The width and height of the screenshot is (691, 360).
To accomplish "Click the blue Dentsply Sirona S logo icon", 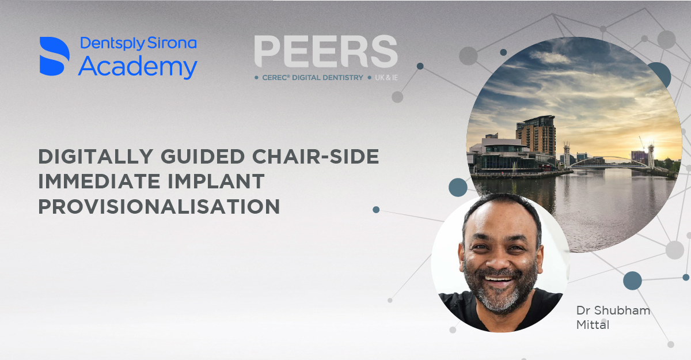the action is pyautogui.click(x=55, y=56).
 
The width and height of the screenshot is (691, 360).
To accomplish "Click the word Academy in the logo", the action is pyautogui.click(x=138, y=67).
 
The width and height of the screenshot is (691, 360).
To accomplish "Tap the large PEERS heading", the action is pyautogui.click(x=326, y=51).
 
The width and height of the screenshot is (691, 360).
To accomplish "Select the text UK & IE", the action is pyautogui.click(x=386, y=78).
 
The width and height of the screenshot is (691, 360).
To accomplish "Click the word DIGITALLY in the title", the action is pyautogui.click(x=96, y=157).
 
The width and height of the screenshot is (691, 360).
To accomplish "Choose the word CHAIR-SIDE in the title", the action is pyautogui.click(x=316, y=157).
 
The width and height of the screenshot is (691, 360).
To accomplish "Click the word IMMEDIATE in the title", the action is pyautogui.click(x=99, y=181).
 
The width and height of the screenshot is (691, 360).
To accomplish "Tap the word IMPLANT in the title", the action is pyautogui.click(x=216, y=181).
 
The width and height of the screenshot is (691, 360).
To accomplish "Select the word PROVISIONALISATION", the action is pyautogui.click(x=159, y=206).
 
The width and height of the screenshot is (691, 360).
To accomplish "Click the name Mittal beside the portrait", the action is pyautogui.click(x=593, y=325).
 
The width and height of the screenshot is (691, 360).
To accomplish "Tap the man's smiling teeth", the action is pyautogui.click(x=499, y=279).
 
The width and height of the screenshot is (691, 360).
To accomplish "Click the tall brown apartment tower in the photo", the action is pyautogui.click(x=536, y=136).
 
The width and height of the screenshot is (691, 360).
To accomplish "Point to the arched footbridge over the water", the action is pyautogui.click(x=609, y=162).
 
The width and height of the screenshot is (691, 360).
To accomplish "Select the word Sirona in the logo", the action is pyautogui.click(x=172, y=43).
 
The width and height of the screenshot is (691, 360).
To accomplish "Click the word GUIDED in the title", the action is pyautogui.click(x=203, y=157).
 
